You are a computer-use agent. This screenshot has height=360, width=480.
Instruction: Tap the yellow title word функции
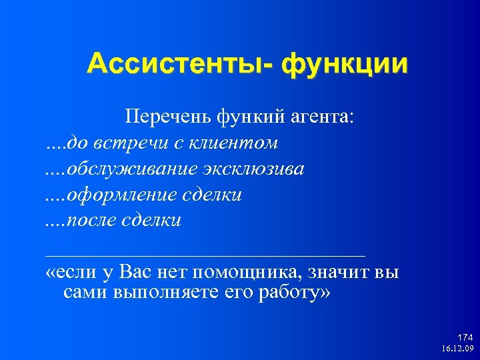[344, 65]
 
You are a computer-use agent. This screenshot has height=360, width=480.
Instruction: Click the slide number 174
[465, 339]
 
